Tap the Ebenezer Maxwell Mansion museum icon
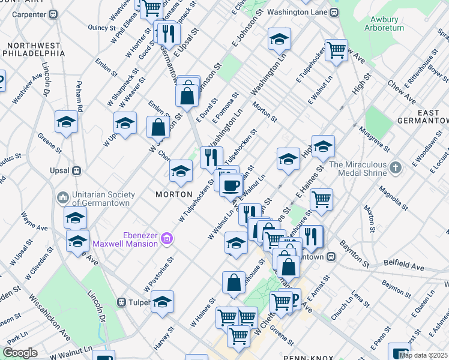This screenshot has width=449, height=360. (167, 240)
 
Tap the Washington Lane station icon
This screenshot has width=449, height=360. (334, 12)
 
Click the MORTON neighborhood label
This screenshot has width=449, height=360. (174, 194)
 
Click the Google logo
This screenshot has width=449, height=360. (20, 353)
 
